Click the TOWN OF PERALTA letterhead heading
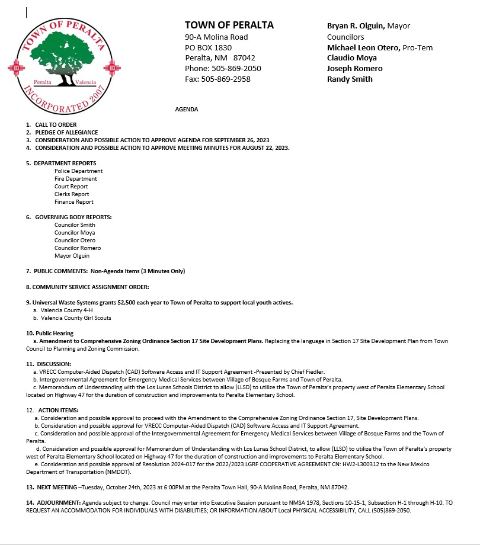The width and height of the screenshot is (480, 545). pos(229,25)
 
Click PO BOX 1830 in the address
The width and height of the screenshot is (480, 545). pos(208,47)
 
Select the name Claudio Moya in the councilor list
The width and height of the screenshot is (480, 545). pos(352,58)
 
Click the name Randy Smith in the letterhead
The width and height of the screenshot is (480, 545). pos(350,79)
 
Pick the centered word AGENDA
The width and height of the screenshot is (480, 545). pos(187,110)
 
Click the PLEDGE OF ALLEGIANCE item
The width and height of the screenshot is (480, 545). pos(66,132)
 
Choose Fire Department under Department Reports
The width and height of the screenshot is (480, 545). pos(76,178)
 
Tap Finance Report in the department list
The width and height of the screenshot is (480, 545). pos(74,201)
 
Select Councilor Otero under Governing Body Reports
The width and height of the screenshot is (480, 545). pos(75,240)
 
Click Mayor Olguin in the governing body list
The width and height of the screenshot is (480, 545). pos(72,256)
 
